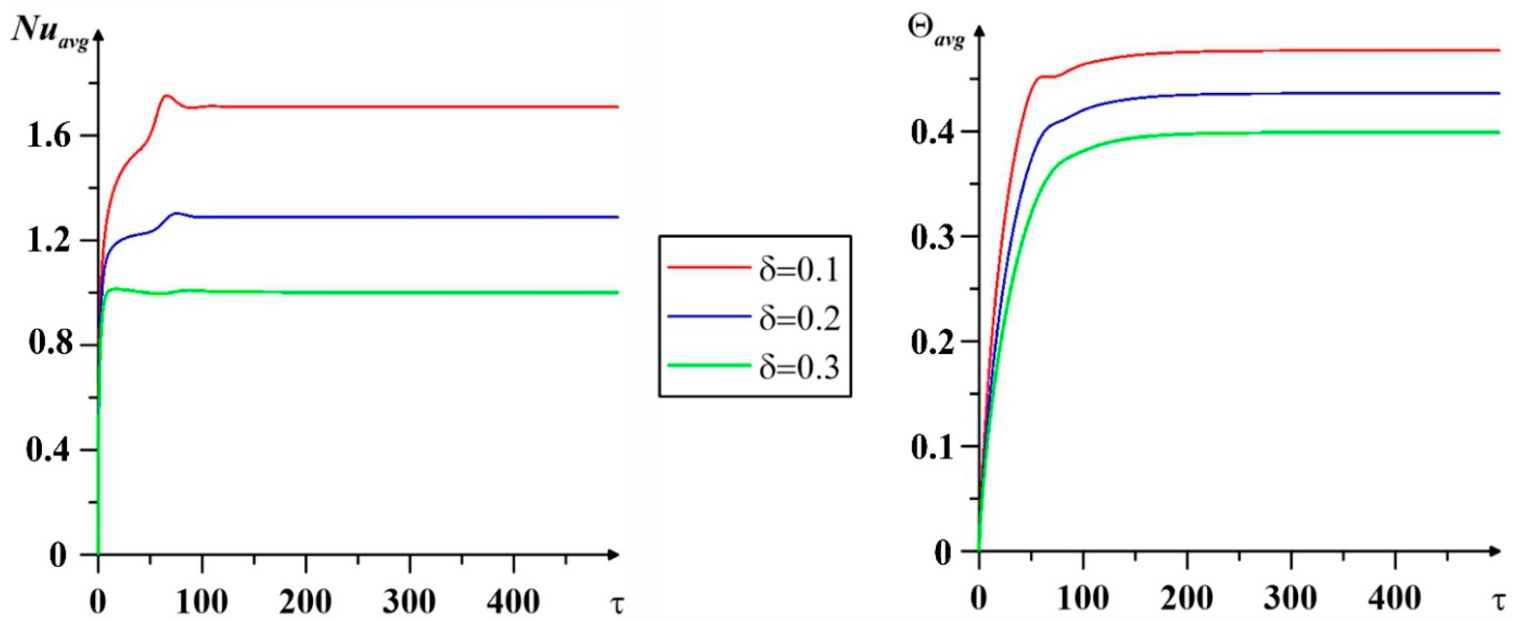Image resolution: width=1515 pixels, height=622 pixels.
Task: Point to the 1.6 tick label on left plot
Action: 49,137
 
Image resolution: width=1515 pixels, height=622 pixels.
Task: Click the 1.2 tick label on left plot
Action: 49,241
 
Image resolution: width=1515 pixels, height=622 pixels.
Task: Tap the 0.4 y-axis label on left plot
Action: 49,450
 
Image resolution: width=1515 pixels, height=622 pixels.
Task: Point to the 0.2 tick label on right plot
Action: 931,342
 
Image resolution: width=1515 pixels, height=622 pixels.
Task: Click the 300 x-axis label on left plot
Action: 409,601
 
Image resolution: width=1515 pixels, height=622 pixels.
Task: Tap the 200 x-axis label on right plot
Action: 1187,598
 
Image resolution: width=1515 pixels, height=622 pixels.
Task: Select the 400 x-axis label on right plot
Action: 1395,598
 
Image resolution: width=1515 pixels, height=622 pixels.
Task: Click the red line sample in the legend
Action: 709,268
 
